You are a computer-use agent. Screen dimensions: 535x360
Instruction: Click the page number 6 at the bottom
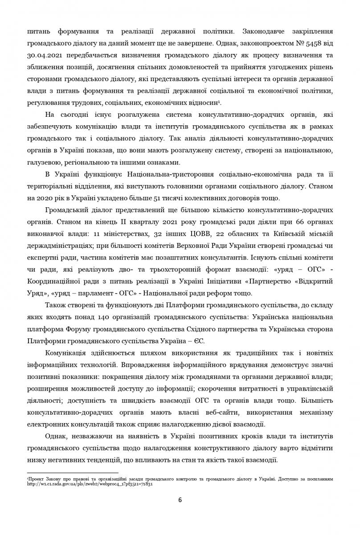click(180, 500)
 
